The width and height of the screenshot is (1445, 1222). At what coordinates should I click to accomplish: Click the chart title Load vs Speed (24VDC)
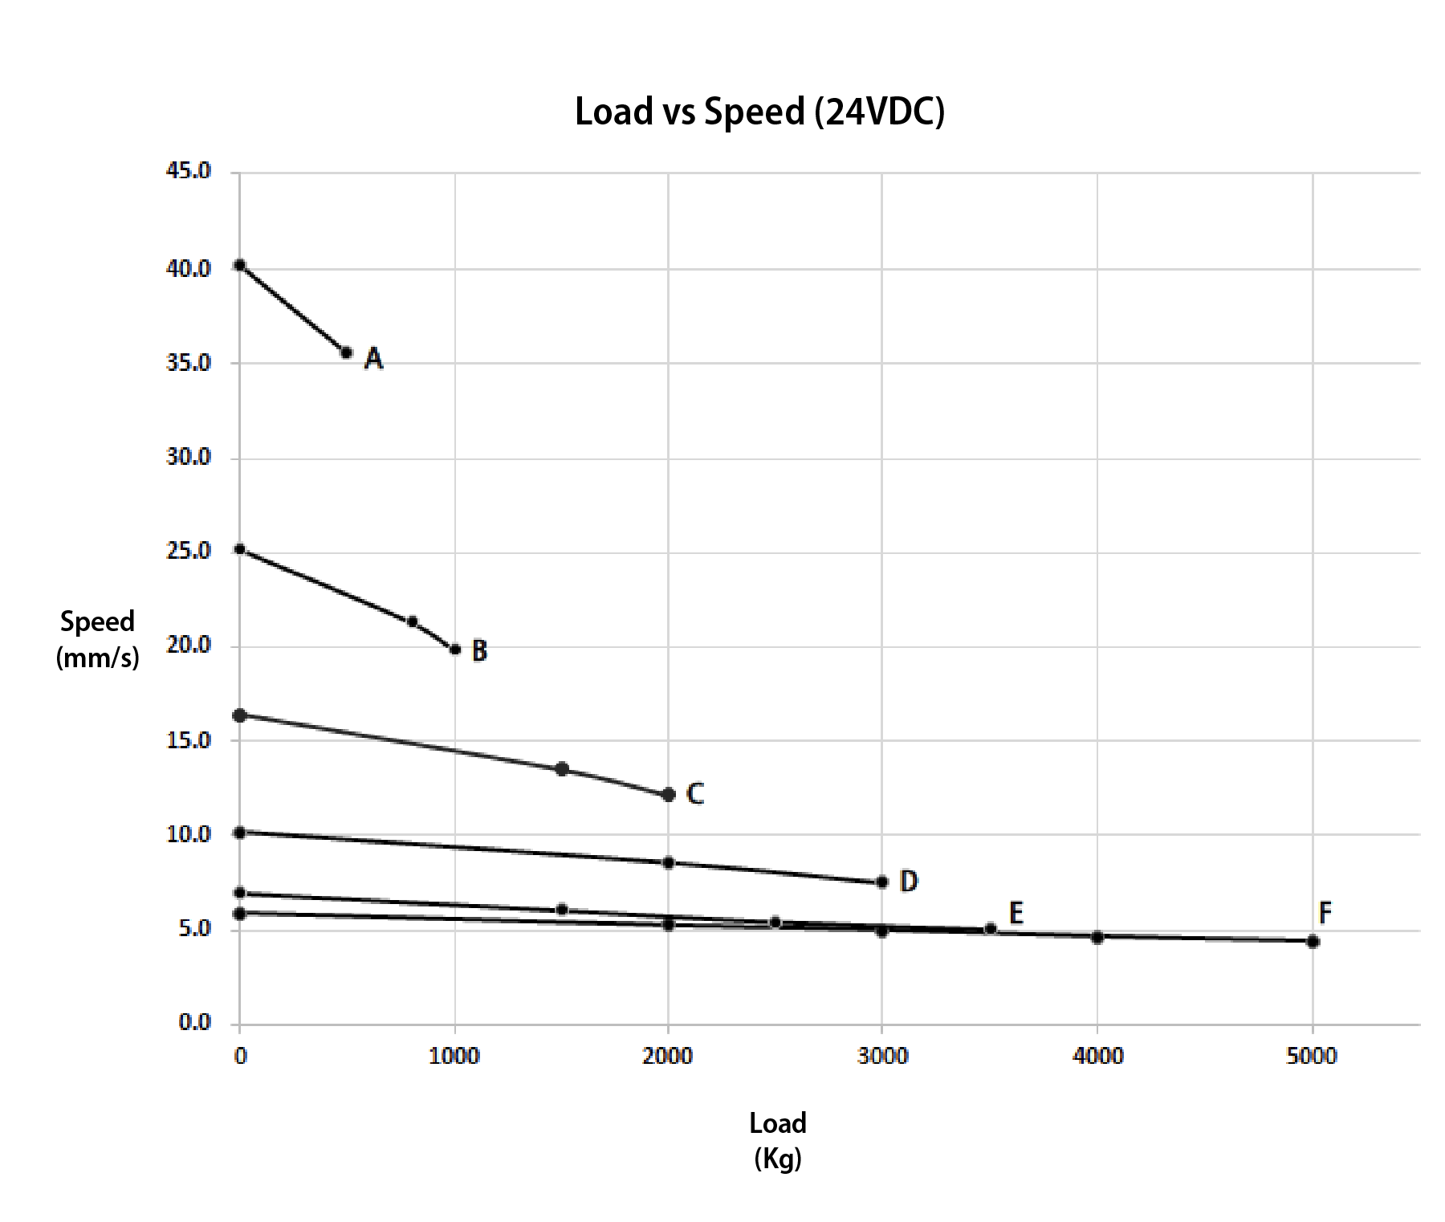[x=759, y=112]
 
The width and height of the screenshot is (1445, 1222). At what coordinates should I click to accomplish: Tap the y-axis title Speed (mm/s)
[x=98, y=640]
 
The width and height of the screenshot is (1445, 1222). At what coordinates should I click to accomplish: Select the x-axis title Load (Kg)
[x=777, y=1140]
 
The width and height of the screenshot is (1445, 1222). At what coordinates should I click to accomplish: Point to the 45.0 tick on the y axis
[x=189, y=171]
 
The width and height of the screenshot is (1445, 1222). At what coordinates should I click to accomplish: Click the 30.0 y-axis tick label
[x=189, y=458]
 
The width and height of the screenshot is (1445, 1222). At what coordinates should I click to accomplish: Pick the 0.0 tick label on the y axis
[x=194, y=1023]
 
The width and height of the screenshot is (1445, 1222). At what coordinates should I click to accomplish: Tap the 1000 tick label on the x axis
[x=454, y=1057]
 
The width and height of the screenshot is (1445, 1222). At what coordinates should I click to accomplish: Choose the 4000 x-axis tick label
[x=1097, y=1057]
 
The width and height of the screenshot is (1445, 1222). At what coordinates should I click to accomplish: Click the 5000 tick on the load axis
[x=1312, y=1057]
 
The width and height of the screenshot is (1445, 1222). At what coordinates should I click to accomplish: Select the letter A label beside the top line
[x=373, y=358]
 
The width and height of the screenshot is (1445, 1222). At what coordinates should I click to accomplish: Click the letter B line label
[x=479, y=650]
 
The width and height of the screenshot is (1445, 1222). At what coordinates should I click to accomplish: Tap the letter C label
[x=695, y=794]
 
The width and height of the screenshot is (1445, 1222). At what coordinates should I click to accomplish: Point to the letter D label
[x=908, y=882]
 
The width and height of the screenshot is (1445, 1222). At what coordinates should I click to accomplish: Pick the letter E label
[x=1016, y=913]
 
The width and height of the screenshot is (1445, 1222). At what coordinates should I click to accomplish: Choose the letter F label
[x=1325, y=913]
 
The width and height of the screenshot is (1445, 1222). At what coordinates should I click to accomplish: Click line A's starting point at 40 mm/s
[x=239, y=265]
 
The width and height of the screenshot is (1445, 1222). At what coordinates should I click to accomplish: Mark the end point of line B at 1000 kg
[x=455, y=649]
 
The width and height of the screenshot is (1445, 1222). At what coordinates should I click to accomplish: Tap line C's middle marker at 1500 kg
[x=562, y=769]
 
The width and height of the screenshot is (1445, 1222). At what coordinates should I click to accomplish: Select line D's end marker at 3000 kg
[x=882, y=882]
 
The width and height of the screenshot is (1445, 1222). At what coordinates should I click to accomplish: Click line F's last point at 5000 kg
[x=1313, y=942]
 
